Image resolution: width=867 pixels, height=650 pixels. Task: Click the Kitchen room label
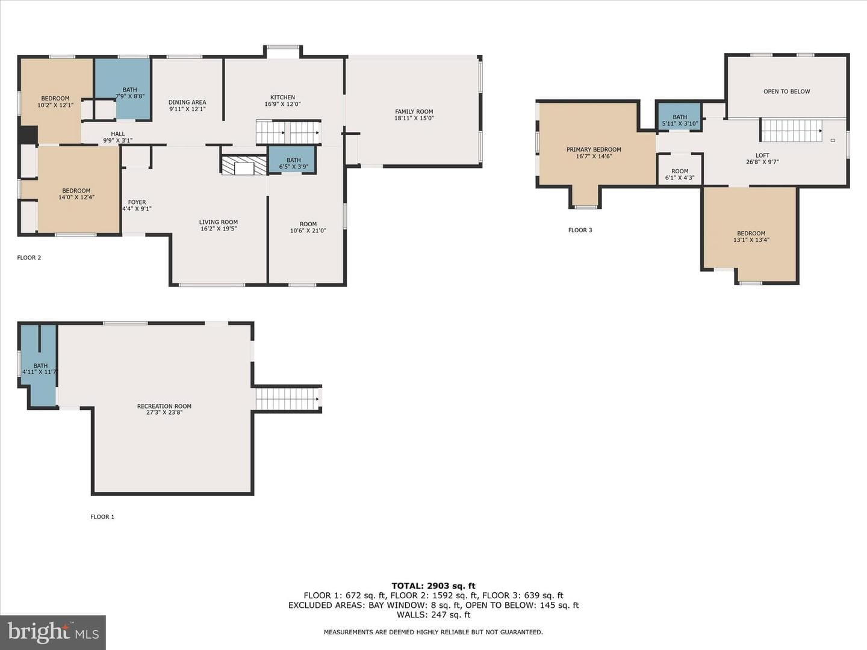(282, 97)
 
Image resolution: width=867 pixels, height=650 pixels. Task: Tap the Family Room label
(414, 112)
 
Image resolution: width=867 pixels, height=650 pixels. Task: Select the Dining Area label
(187, 102)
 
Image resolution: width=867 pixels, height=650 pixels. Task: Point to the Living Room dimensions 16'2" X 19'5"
(219, 229)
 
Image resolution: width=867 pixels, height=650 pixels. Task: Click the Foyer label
(137, 202)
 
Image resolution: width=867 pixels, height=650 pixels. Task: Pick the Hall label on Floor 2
(117, 134)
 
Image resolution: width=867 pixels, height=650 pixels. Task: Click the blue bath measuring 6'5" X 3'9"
(292, 159)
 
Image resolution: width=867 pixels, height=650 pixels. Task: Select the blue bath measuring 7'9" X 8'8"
(122, 89)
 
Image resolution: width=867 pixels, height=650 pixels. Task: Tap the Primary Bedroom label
(594, 150)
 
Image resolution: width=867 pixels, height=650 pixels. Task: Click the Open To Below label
(786, 91)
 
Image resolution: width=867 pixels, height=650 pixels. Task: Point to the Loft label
(762, 155)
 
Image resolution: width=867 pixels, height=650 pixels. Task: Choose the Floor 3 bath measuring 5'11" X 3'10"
(679, 117)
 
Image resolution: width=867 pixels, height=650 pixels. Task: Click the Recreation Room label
(164, 406)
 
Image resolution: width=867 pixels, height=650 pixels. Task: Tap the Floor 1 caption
(102, 516)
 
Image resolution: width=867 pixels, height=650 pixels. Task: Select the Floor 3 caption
(580, 230)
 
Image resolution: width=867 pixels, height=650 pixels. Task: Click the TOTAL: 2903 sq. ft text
(433, 586)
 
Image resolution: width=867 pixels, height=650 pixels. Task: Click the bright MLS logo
(53, 633)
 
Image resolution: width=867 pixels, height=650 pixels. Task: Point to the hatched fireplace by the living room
(244, 166)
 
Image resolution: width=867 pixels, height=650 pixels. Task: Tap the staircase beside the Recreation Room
(287, 400)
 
